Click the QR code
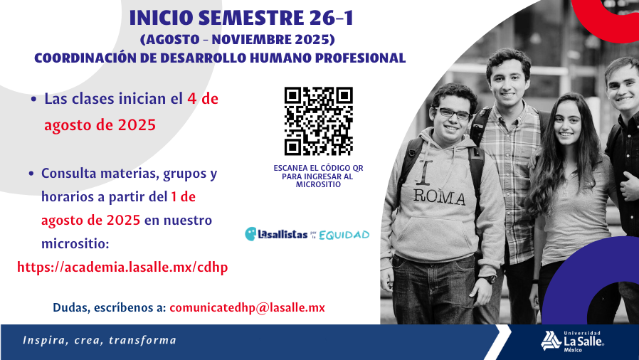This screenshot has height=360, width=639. (x=318, y=122)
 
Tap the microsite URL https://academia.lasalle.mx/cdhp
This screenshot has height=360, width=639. (x=122, y=267)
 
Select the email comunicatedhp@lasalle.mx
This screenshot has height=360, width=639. (x=248, y=307)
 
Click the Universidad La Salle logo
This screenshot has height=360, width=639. (x=573, y=342)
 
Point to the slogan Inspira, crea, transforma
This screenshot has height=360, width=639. (x=100, y=340)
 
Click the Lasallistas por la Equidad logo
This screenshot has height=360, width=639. (x=307, y=234)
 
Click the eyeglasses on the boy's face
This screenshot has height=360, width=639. (x=453, y=113)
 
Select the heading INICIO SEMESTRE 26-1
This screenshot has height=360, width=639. (x=241, y=18)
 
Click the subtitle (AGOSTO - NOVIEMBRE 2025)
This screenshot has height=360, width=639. (x=237, y=40)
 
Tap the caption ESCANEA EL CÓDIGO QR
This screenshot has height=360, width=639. (x=318, y=168)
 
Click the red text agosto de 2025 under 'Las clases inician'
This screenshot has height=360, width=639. (x=100, y=125)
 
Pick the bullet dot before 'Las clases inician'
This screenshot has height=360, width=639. (x=34, y=99)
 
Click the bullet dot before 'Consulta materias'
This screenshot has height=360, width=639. (x=31, y=174)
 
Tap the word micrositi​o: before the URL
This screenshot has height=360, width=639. (x=75, y=244)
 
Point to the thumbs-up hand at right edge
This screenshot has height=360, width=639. (x=630, y=184)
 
